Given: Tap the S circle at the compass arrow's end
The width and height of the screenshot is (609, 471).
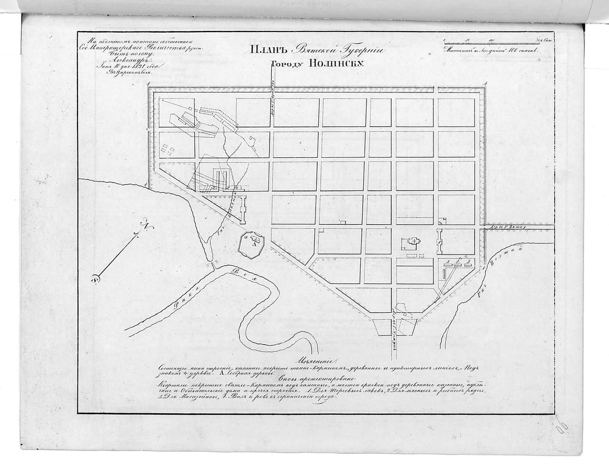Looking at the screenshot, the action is [95, 279].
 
